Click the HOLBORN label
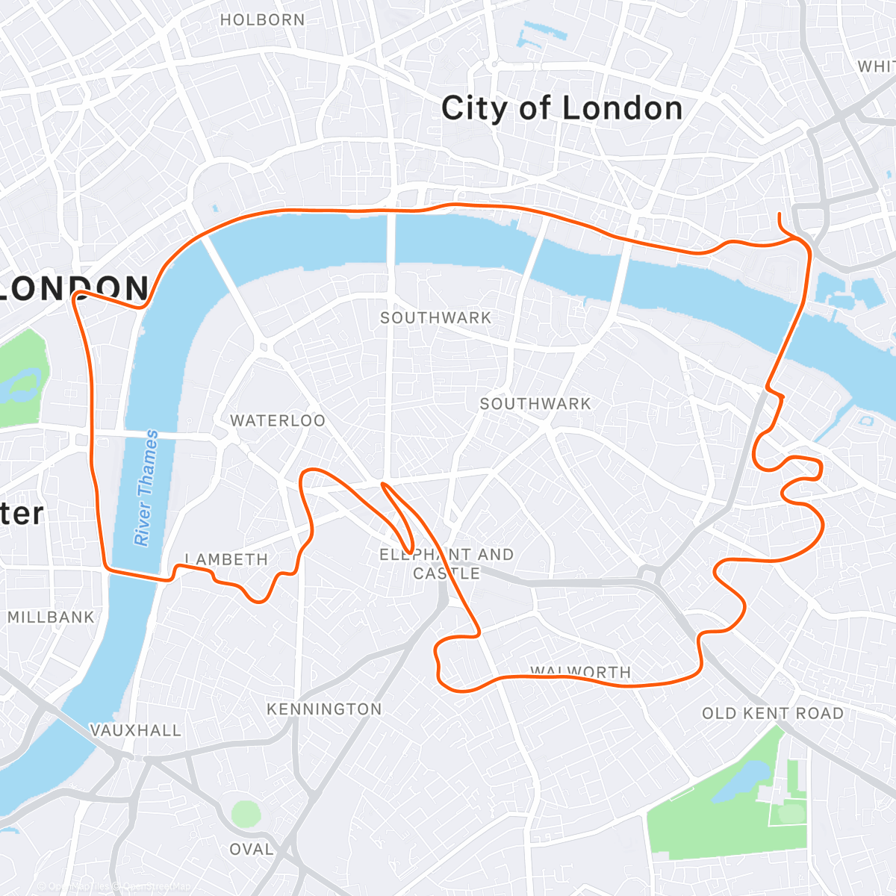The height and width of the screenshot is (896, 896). [262, 20]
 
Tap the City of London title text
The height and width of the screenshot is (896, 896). [561, 109]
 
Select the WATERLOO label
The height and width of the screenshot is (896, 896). [278, 421]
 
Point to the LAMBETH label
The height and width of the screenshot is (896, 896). [226, 560]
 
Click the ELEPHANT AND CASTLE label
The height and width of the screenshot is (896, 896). [447, 564]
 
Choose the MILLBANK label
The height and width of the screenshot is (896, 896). [52, 617]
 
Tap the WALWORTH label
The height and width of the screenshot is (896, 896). [581, 671]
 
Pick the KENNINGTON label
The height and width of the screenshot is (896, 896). [324, 709]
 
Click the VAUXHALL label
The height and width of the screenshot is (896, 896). [136, 730]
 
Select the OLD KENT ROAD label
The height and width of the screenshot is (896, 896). [773, 714]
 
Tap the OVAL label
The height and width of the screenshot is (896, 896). [252, 850]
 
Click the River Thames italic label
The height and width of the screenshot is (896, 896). [146, 487]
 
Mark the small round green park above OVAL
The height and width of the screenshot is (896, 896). [246, 814]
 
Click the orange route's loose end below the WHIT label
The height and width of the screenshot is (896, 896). [780, 214]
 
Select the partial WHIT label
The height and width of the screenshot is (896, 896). [876, 67]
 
